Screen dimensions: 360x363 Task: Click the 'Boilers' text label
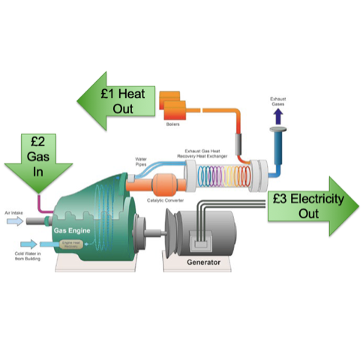tap(172, 124)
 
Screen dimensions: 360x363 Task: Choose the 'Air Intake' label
tap(14, 213)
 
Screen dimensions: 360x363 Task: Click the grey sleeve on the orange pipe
tap(241, 143)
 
